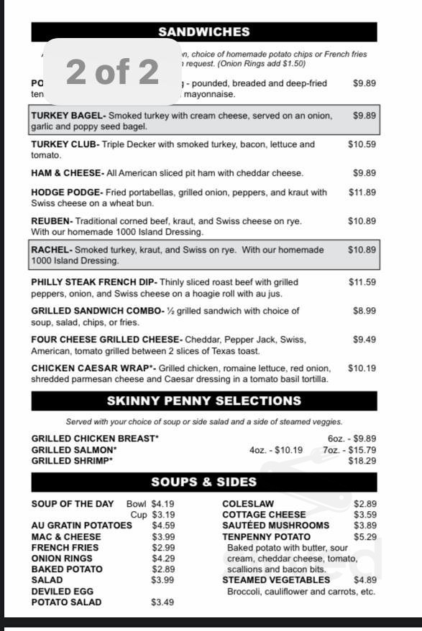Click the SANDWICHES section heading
click(203, 32)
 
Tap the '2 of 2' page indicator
click(112, 72)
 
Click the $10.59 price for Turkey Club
click(362, 144)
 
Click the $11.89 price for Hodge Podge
click(362, 192)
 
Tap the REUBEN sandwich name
click(51, 221)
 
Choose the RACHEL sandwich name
click(51, 250)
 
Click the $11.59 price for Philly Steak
click(362, 282)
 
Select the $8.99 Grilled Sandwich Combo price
click(364, 311)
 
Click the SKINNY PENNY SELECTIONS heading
click(203, 401)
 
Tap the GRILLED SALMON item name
click(73, 450)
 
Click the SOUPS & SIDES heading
click(203, 482)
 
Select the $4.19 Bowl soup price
click(162, 504)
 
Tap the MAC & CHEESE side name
click(66, 536)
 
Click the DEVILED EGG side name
click(62, 591)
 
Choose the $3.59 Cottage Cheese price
click(364, 515)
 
